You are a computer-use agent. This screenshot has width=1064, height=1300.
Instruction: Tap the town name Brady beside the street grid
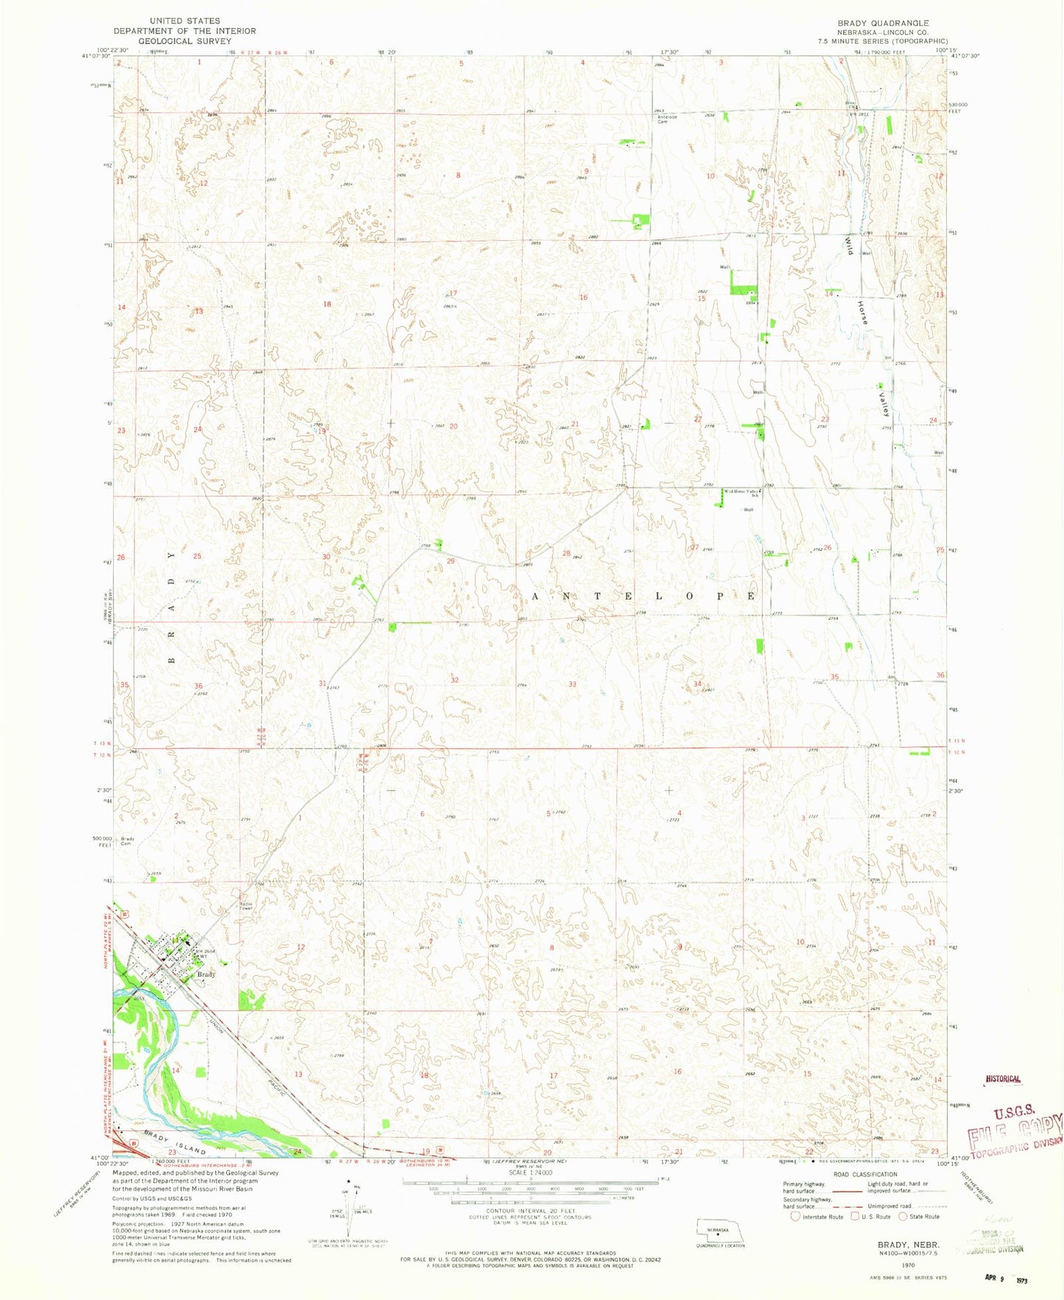point(206,974)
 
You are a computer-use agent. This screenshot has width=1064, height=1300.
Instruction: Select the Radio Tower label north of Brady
point(246,906)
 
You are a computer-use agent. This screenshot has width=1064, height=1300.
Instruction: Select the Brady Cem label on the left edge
point(127,840)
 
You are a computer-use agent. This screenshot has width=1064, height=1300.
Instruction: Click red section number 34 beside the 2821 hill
point(697,684)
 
